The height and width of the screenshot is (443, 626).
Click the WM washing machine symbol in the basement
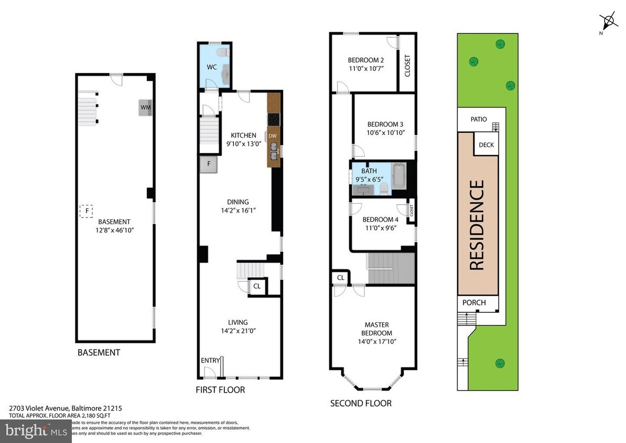coord(145,108)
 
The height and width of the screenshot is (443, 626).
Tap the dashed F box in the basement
coord(85,211)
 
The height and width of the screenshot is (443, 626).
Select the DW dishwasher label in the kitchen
coord(272,136)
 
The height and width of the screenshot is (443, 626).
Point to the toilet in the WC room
coord(222,52)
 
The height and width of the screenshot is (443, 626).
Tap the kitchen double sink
coord(274,154)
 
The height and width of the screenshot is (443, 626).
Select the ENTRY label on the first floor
coord(210,361)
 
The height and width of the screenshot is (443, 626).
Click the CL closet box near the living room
coord(257,287)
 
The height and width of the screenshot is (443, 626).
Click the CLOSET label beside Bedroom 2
coord(407,66)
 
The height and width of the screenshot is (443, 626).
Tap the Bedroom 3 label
coord(385,124)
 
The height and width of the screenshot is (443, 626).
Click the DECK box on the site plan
coord(486,145)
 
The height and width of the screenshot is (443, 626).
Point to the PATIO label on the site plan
coord(478,119)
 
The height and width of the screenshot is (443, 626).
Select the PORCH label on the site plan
coord(474,303)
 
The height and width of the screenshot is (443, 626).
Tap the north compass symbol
coord(608,23)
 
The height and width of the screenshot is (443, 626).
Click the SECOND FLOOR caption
coord(361,403)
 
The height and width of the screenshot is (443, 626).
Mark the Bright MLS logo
coord(35,431)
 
